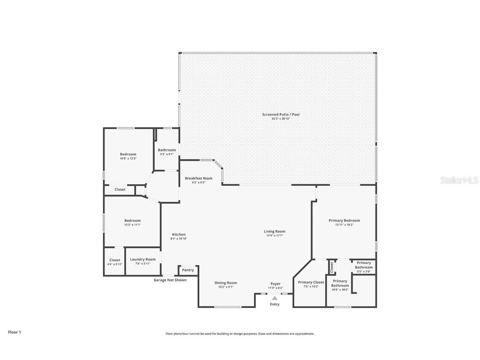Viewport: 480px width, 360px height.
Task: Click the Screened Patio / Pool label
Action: coord(280,115)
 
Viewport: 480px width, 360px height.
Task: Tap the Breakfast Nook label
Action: coord(198,178)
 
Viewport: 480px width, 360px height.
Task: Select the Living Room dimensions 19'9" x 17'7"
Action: coord(274,236)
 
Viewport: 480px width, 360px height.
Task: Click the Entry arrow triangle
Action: coord(274,298)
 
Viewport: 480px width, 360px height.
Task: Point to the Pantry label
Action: coord(188,270)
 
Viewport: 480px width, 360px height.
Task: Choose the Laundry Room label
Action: coord(142,259)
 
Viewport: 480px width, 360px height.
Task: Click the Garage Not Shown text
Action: coord(170,280)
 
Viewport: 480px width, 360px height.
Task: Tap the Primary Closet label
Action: coord(311,282)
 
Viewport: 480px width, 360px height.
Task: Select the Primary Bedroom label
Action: coord(344,220)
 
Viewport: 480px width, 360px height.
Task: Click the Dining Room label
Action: coord(225,283)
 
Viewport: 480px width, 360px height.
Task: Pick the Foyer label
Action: coord(275,284)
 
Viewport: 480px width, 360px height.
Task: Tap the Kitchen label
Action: coord(179,234)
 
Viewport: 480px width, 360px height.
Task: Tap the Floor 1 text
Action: coord(14,332)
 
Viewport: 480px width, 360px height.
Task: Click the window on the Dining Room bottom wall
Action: coord(227,307)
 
